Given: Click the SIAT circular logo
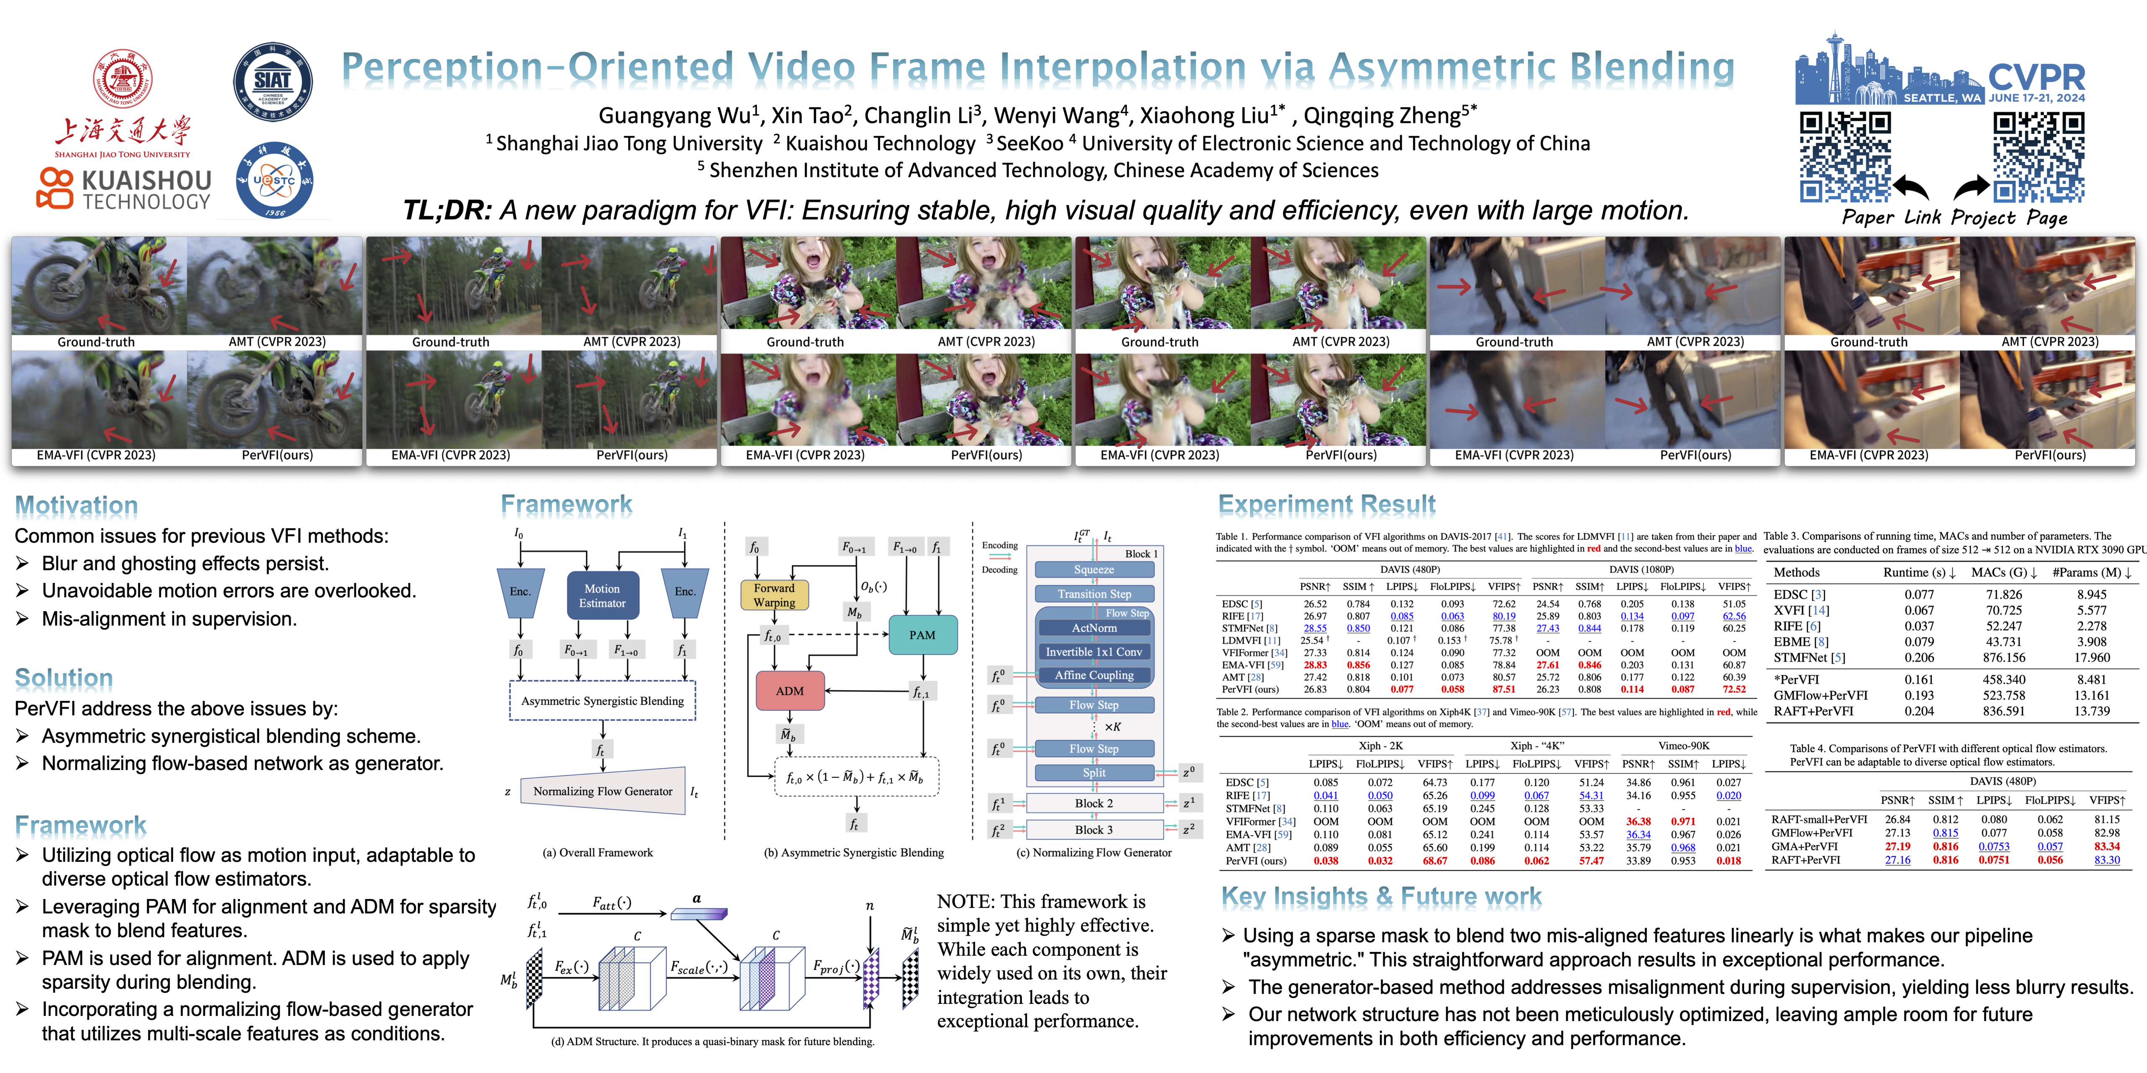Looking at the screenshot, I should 273,82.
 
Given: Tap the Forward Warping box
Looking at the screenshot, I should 774,595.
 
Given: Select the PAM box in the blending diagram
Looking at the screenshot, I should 922,635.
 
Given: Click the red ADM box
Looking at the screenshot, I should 789,691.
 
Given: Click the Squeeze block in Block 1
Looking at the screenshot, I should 1094,570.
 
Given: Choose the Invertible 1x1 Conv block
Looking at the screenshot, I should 1094,651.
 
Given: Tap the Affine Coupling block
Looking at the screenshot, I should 1094,675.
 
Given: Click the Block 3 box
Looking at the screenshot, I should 1094,830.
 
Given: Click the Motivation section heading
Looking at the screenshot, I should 77,505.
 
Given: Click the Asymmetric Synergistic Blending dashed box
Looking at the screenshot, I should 602,701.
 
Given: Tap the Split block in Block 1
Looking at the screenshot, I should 1094,772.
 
